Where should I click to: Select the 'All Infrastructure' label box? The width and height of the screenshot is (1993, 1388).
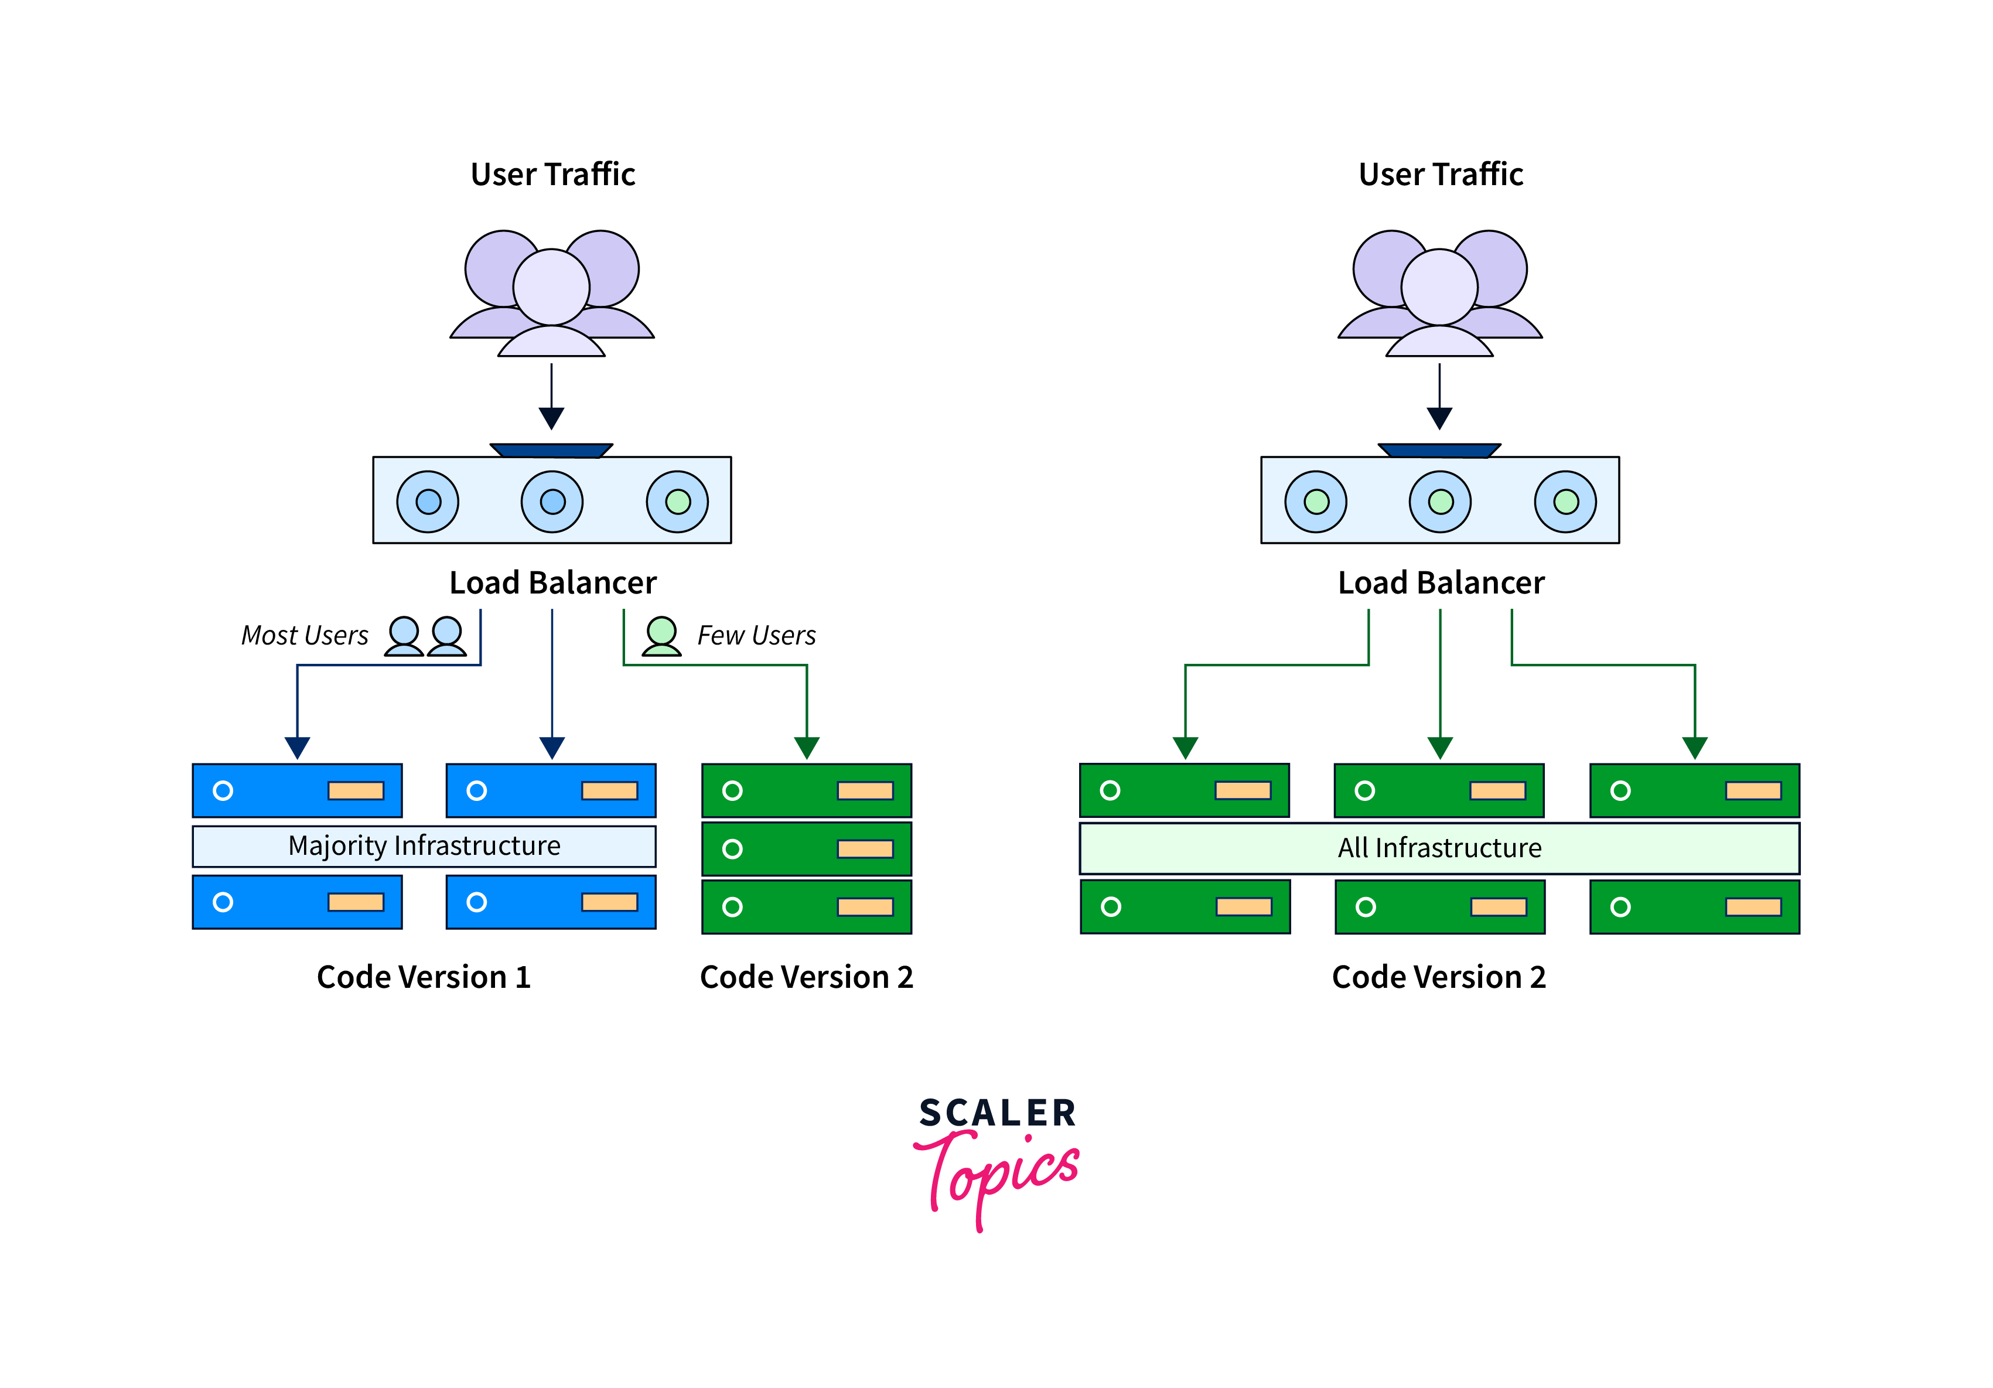pos(1439,848)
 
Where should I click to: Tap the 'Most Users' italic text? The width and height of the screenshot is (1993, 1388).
pos(304,635)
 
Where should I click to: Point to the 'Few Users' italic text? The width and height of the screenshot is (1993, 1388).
pos(756,635)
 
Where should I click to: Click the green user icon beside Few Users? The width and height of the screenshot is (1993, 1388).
pos(661,635)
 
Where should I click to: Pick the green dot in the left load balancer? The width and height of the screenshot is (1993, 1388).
pos(677,502)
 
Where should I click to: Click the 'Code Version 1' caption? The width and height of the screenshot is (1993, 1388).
pos(424,977)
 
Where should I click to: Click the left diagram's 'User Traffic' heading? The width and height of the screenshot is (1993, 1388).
pos(553,175)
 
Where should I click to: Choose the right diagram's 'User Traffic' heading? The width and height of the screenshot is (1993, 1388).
pos(1441,175)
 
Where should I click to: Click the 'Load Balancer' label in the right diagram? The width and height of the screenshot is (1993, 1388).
pos(1441,582)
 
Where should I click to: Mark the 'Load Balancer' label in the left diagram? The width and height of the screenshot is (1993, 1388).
pos(553,582)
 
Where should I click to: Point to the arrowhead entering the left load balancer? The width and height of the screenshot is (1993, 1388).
pos(551,418)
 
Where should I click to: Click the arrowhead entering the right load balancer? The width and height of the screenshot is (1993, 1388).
pos(1439,418)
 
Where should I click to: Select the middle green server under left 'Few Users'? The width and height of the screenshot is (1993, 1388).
pos(807,849)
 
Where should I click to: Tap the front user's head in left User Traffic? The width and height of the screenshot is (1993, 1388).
pos(551,287)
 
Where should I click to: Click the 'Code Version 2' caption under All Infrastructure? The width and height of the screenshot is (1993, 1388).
pos(1439,977)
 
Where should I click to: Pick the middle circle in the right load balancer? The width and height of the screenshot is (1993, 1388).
pos(1440,502)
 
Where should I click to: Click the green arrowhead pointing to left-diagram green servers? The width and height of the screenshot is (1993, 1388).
pos(807,748)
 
